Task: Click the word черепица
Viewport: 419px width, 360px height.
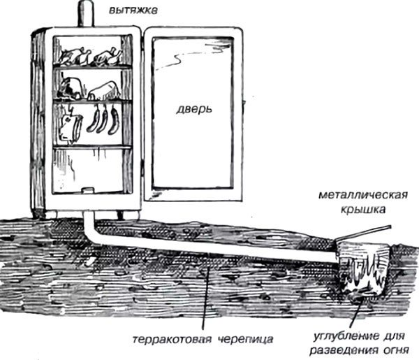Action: tap(240, 340)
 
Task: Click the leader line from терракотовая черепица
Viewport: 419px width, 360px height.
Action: tap(205, 301)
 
